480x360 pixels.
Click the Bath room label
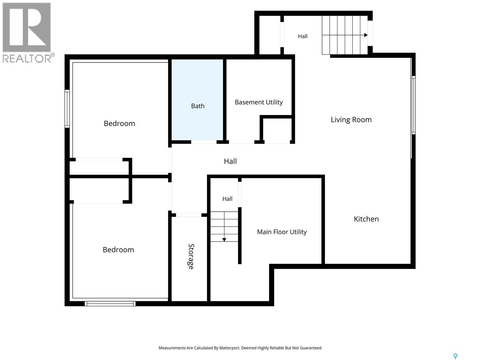pyautogui.click(x=198, y=106)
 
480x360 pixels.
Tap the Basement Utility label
pyautogui.click(x=259, y=102)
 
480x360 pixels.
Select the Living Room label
pyautogui.click(x=351, y=120)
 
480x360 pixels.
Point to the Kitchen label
pyautogui.click(x=366, y=219)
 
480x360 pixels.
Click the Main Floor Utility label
pyautogui.click(x=282, y=232)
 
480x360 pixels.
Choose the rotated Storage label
pyautogui.click(x=191, y=256)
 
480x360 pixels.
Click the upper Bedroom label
pyautogui.click(x=119, y=124)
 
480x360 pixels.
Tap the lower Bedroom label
pyautogui.click(x=118, y=250)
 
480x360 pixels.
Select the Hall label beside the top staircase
pyautogui.click(x=303, y=36)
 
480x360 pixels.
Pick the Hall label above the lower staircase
pyautogui.click(x=227, y=199)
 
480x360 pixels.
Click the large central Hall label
pyautogui.click(x=230, y=161)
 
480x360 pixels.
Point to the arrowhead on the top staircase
pyautogui.click(x=366, y=35)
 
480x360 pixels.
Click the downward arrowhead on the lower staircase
pyautogui.click(x=224, y=240)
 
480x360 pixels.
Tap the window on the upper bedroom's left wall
pyautogui.click(x=67, y=109)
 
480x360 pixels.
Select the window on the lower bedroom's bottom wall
pyautogui.click(x=110, y=304)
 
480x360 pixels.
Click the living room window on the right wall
pyautogui.click(x=413, y=105)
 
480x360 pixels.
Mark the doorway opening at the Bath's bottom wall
pyautogui.click(x=204, y=142)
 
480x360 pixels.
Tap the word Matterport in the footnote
pyautogui.click(x=229, y=348)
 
